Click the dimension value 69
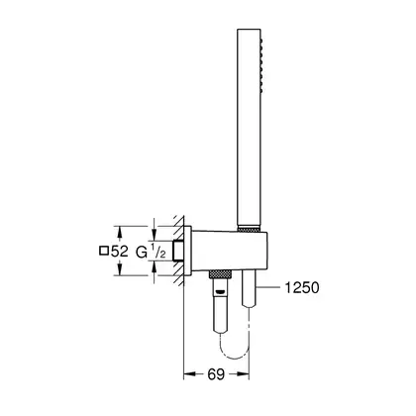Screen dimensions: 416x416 (216, 374)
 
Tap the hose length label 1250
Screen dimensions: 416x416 (302, 287)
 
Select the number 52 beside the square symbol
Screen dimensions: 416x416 (120, 252)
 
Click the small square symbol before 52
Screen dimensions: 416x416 (104, 251)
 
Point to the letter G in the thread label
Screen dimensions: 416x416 (142, 253)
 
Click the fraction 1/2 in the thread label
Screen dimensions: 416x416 (158, 252)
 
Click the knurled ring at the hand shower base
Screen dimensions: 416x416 (249, 228)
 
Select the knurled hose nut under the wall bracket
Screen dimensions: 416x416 (220, 274)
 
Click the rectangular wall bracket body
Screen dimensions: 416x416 (230, 251)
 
